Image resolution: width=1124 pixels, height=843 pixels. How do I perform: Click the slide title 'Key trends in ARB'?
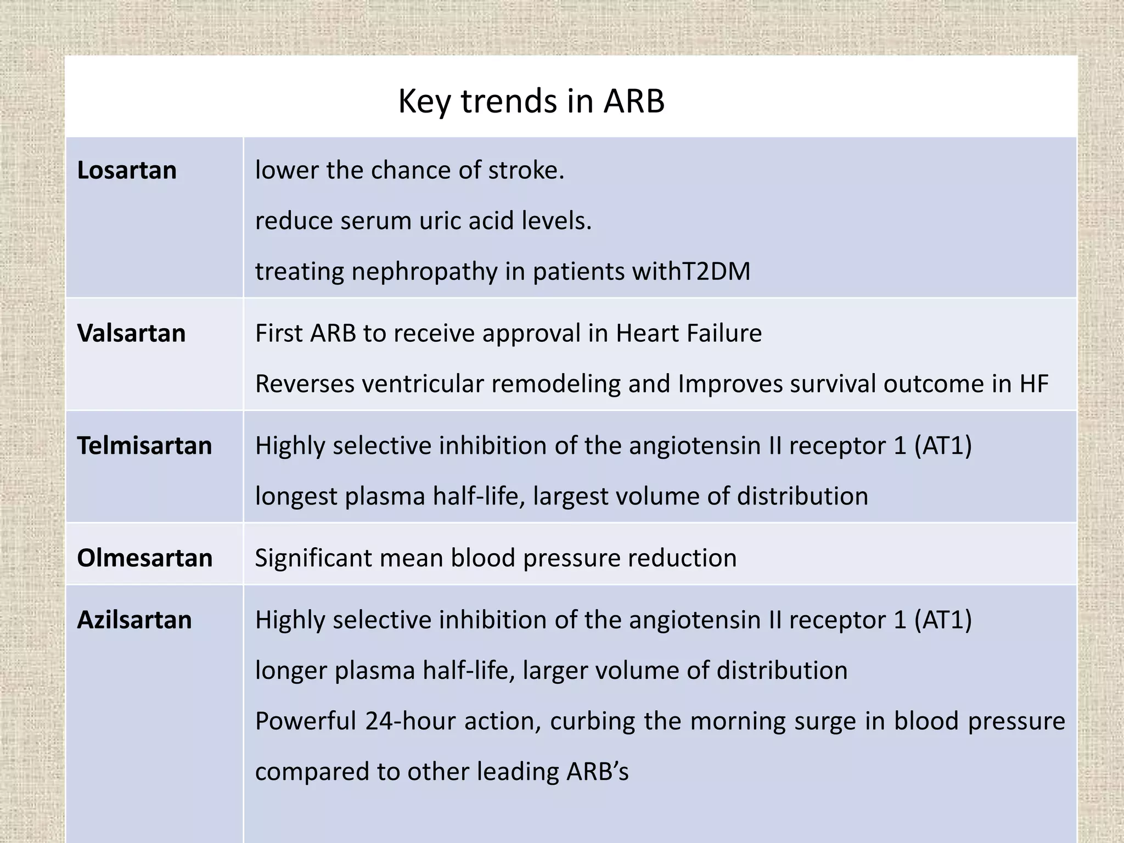531,102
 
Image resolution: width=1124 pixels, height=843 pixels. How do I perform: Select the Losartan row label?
127,170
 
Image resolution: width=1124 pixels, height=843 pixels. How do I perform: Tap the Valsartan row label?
131,333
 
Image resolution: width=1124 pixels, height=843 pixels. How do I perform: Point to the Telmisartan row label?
144,445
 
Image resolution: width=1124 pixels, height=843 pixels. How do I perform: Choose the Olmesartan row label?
145,558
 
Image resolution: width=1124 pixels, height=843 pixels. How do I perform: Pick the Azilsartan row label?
134,620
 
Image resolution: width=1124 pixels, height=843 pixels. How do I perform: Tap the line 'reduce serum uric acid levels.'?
423,221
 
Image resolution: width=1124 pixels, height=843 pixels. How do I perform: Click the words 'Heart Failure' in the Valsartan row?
688,333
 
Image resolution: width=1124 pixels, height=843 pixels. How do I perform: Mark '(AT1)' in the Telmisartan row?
942,445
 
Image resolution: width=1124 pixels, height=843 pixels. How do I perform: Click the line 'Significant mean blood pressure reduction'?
496,558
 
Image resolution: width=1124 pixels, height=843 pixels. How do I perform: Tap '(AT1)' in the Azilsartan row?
942,620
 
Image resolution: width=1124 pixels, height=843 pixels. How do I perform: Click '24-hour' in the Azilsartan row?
410,721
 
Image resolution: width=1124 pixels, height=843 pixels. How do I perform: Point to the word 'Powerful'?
306,721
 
